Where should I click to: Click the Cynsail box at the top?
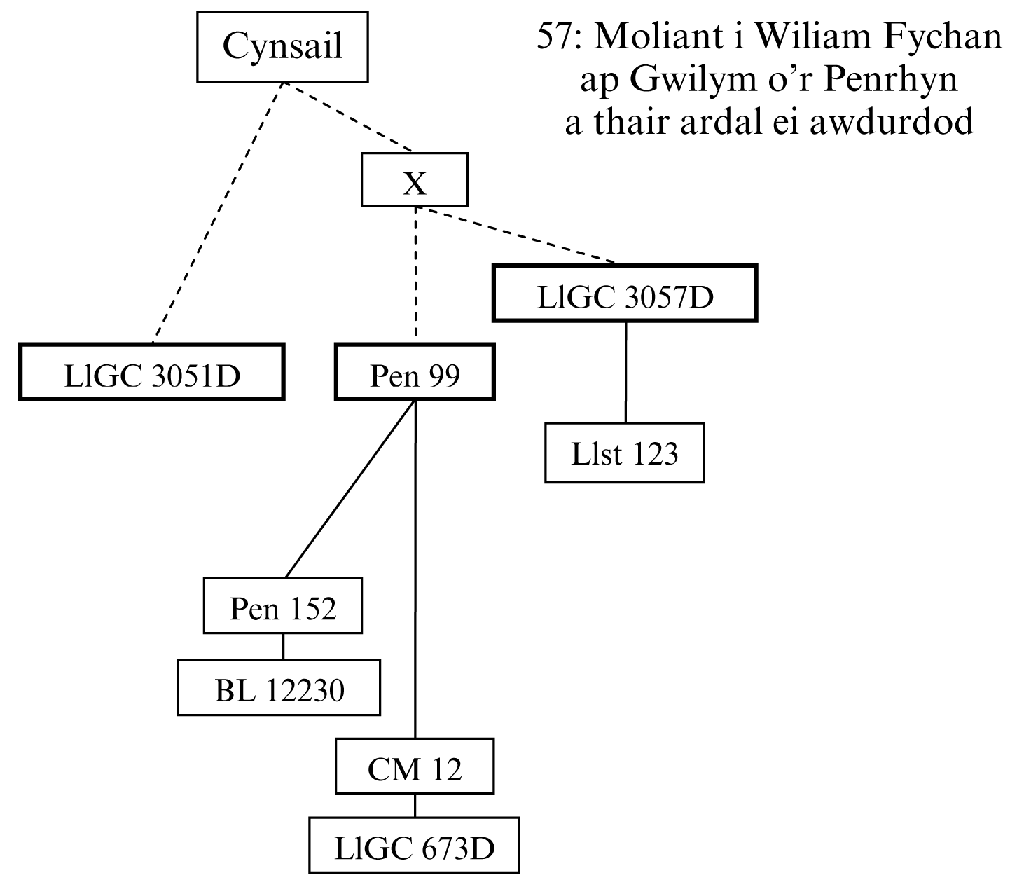coord(282,47)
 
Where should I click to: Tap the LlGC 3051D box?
coord(152,372)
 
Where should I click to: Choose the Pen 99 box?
coord(415,372)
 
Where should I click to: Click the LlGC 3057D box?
coord(625,294)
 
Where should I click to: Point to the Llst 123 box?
coord(624,453)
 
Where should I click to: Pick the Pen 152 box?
coord(283,606)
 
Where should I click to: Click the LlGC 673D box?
coord(415,845)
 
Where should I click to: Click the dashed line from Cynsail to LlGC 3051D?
coord(217,213)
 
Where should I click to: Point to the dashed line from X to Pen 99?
coord(416,273)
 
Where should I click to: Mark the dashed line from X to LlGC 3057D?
coord(515,235)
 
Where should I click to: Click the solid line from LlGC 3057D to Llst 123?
coord(625,372)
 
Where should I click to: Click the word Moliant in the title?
coord(656,37)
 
